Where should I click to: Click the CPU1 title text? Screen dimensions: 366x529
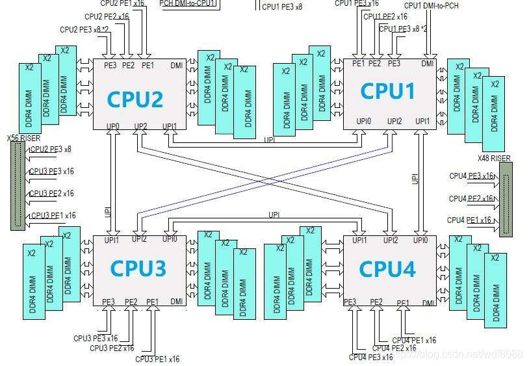pos(388,91)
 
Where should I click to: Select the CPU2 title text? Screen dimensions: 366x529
pos(135,99)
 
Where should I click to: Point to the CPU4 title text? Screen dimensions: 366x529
pos(388,268)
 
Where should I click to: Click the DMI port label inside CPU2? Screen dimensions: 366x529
pos(176,65)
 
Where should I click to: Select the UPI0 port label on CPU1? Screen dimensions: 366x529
pos(364,121)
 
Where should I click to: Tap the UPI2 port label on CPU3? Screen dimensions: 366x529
pos(139,239)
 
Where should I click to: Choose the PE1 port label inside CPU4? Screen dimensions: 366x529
pos(403,302)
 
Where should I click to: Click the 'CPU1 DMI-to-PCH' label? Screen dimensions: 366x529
pos(431,6)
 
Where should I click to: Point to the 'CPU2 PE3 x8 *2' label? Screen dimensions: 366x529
pos(84,30)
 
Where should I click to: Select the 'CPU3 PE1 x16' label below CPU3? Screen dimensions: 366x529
pos(157,359)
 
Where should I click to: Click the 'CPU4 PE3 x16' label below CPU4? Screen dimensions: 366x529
pos(370,357)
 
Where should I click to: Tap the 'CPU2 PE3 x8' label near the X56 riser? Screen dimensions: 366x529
pos(50,150)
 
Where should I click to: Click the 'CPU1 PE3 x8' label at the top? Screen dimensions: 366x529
pos(282,7)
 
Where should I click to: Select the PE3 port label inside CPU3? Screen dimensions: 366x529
pos(109,302)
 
